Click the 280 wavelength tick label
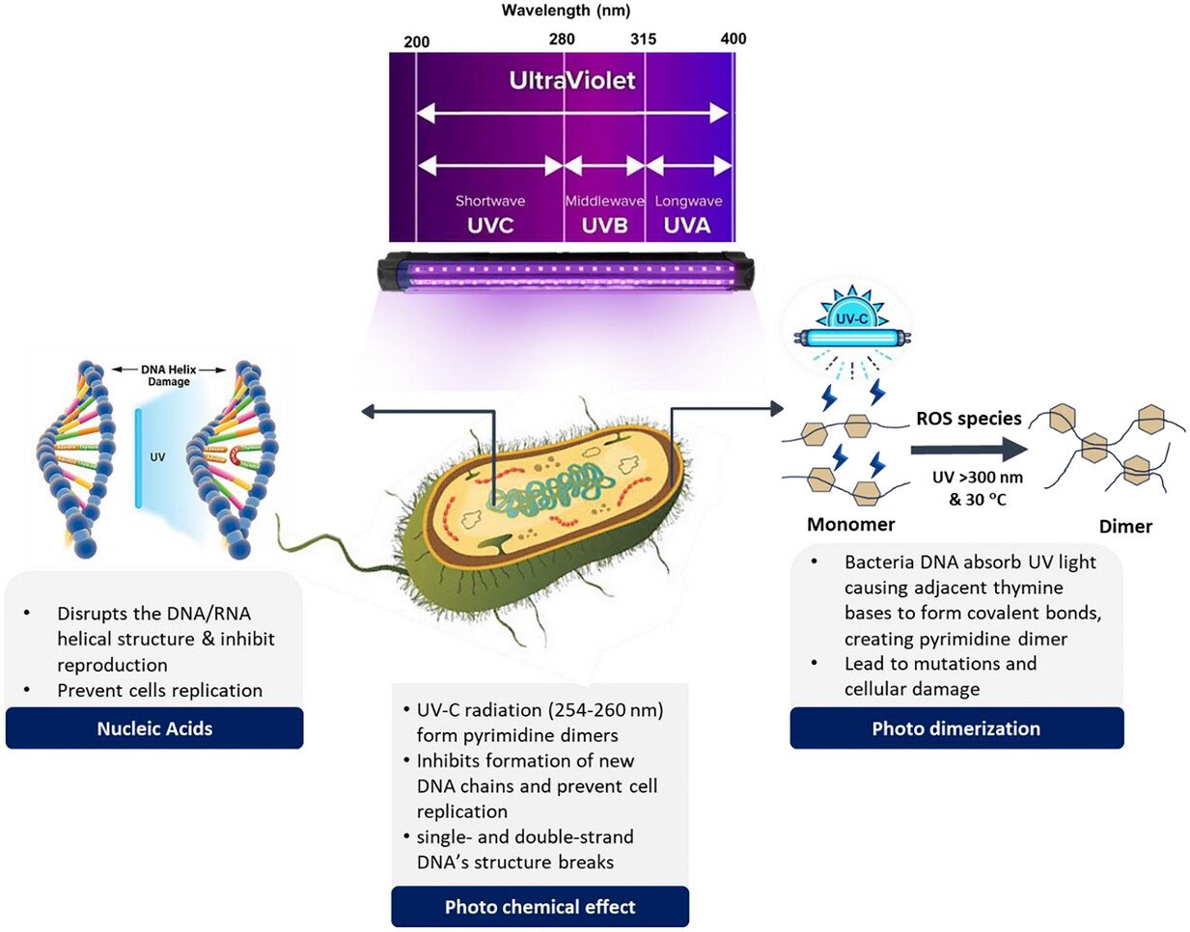click(561, 40)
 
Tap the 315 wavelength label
click(643, 40)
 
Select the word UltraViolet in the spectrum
click(572, 80)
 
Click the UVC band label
click(490, 226)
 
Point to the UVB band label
click(604, 226)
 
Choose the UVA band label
click(687, 226)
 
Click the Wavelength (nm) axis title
click(566, 11)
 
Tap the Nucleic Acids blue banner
click(154, 728)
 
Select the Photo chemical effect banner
click(540, 907)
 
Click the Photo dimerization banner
click(956, 728)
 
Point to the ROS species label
click(968, 419)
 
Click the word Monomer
click(850, 525)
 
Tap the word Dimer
click(1125, 527)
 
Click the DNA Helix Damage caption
click(169, 375)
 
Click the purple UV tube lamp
click(567, 271)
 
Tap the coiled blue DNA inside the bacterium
click(549, 487)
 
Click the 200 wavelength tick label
click(417, 41)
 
